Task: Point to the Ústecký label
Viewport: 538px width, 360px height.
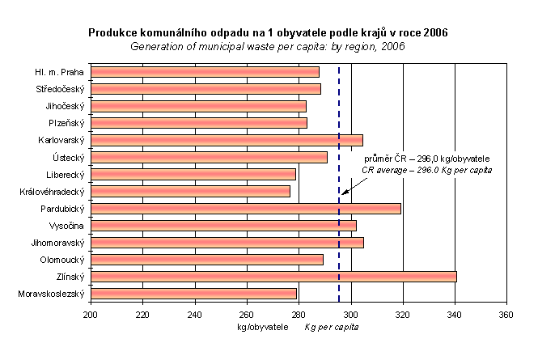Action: [x=69, y=157]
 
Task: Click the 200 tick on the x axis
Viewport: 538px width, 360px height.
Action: [x=91, y=316]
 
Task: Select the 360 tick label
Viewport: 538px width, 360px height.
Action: [x=506, y=316]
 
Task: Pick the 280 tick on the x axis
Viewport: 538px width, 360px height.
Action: [x=299, y=316]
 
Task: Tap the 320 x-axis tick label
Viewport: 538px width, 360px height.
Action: [x=403, y=316]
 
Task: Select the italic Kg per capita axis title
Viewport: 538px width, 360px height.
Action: [x=331, y=328]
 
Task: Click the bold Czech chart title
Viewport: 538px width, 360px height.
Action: [x=268, y=33]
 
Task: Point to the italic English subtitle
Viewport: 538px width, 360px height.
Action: [x=268, y=46]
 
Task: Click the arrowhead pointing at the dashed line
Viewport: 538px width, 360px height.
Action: [x=344, y=192]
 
